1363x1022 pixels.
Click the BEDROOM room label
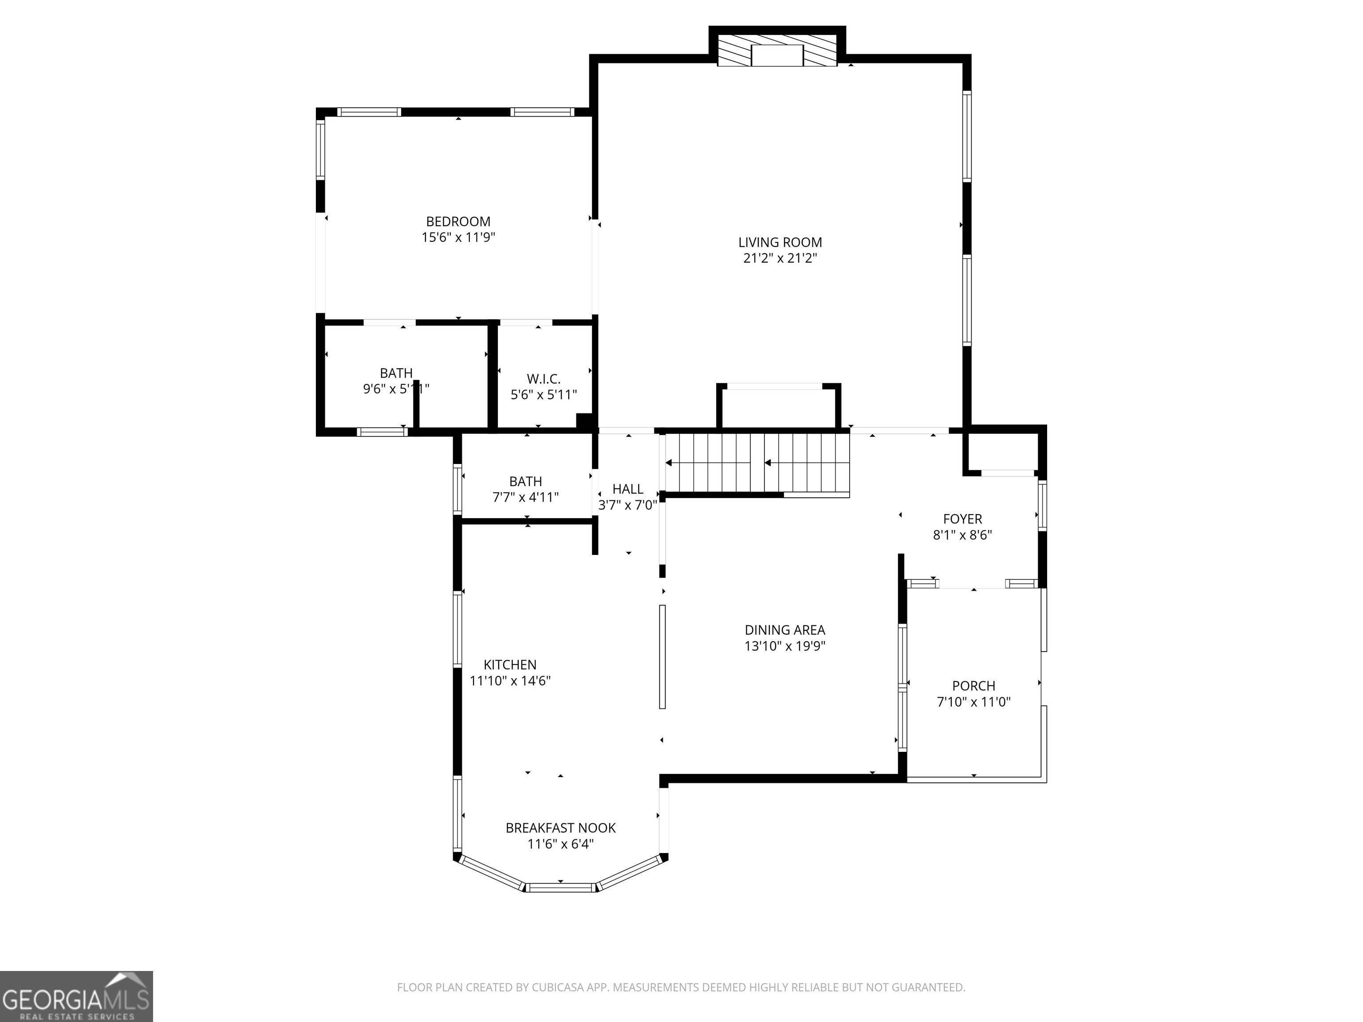[458, 222]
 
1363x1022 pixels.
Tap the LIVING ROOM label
[780, 243]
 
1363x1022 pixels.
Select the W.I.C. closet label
[544, 379]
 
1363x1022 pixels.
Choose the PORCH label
[973, 686]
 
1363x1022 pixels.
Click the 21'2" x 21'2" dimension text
[780, 258]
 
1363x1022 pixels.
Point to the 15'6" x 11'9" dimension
[458, 237]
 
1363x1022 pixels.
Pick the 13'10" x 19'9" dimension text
[784, 645]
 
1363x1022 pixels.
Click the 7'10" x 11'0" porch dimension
[973, 702]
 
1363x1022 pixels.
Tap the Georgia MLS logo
[76, 996]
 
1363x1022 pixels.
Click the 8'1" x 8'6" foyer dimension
[962, 535]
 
